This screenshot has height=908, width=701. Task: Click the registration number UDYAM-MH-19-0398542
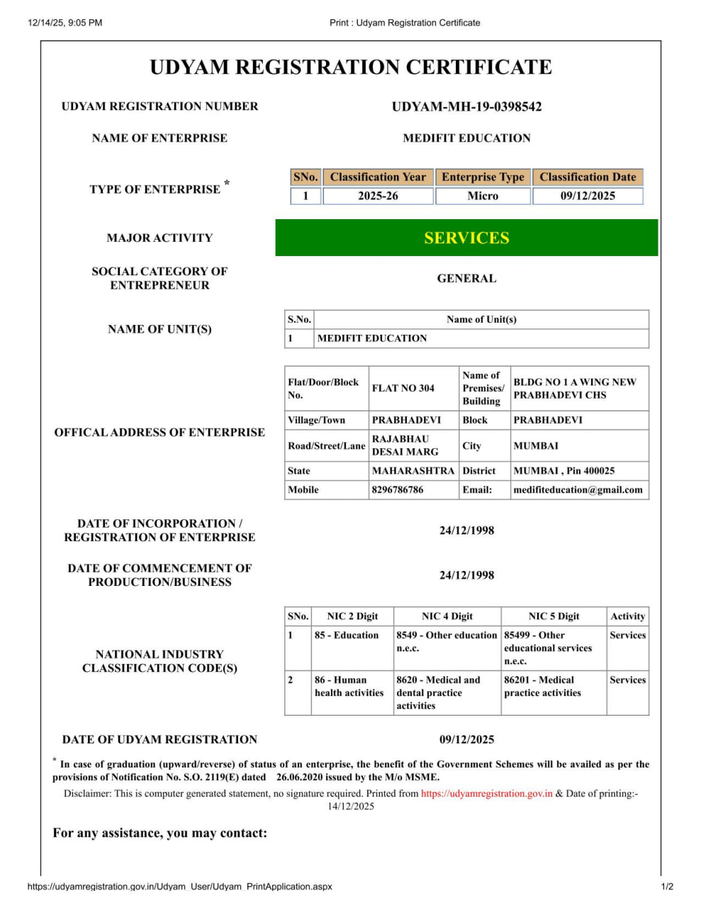[466, 107]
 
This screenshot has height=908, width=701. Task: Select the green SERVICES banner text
[466, 238]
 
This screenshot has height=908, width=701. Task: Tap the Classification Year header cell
[378, 177]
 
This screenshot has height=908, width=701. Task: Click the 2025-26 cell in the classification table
[378, 196]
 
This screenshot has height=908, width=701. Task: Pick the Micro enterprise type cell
[483, 196]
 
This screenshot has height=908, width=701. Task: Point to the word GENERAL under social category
[466, 279]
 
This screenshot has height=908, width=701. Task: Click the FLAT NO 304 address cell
[403, 388]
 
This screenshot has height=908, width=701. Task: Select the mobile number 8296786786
[398, 489]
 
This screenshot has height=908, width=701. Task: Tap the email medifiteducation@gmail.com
[578, 489]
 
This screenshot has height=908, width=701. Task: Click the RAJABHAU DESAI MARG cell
[405, 445]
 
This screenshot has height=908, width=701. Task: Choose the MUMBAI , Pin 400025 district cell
[564, 470]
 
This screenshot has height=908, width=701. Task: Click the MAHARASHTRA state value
[413, 470]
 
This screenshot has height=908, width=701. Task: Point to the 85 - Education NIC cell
[347, 636]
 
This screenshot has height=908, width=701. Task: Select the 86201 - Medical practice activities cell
[543, 687]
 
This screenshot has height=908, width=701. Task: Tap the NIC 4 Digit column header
[447, 616]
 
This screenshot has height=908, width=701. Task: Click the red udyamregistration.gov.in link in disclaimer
[487, 794]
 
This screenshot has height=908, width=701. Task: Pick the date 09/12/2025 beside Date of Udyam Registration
[466, 739]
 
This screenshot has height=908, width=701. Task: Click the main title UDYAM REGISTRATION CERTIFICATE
[351, 67]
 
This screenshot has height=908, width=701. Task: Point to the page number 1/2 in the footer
[667, 887]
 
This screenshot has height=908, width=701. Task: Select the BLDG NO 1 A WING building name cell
[575, 388]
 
